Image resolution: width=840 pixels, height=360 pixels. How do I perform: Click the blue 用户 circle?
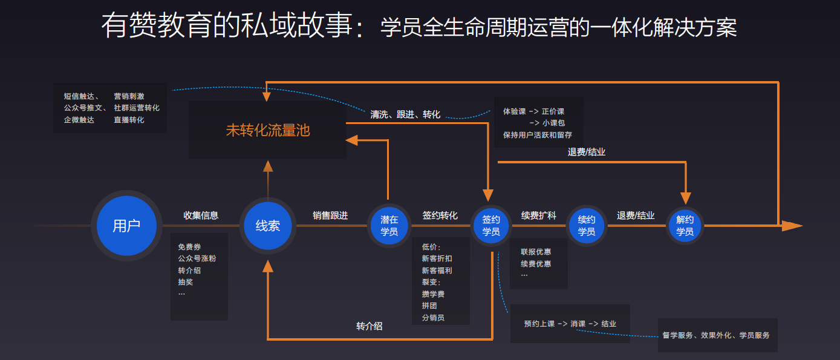point(126,226)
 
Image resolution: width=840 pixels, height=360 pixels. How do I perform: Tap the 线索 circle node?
point(268,226)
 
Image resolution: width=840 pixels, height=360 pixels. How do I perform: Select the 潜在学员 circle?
point(389,226)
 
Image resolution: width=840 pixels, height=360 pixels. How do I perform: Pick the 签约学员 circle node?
point(491,226)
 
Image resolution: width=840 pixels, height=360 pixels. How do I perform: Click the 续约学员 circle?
point(586,226)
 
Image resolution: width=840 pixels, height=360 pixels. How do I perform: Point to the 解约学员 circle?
point(685,226)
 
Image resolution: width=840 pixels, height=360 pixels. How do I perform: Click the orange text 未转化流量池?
point(268,130)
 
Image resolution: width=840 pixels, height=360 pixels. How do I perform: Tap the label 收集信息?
point(201,215)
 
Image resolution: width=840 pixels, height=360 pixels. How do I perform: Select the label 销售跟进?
point(330,215)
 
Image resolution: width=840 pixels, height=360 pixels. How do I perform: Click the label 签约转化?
point(440,215)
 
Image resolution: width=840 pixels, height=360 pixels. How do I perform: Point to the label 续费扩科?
point(538,215)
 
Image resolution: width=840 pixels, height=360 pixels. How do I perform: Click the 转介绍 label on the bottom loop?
point(369,326)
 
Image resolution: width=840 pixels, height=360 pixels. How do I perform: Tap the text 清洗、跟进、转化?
point(405,114)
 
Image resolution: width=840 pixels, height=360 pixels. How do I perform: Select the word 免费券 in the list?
point(189,247)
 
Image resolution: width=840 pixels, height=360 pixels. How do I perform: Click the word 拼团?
point(429,306)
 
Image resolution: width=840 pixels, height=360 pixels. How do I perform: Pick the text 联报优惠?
point(536,252)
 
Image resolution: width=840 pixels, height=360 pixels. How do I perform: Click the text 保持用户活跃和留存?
point(538,135)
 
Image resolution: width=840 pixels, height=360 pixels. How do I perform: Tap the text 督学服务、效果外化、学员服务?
point(716,335)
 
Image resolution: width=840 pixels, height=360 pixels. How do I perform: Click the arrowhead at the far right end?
point(792,226)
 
